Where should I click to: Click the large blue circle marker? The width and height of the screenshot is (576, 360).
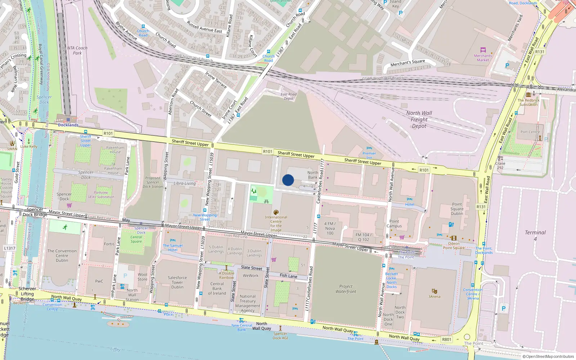point(288,180)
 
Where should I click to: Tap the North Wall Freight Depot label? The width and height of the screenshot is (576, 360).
point(419,120)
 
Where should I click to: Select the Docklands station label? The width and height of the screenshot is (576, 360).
point(68,125)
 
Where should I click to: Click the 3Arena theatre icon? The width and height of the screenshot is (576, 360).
point(434,291)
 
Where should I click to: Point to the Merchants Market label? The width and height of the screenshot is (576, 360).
point(483,58)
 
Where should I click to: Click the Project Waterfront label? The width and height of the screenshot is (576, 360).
point(346,289)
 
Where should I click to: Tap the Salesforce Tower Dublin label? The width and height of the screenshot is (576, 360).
point(177,282)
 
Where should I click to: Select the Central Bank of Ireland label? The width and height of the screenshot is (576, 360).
point(217,288)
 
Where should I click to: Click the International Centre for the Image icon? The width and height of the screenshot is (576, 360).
point(276,212)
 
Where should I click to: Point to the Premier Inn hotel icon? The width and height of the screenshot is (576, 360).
point(369,148)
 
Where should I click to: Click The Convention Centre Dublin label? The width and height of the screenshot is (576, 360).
point(62,256)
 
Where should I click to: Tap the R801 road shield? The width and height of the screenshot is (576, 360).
point(446,339)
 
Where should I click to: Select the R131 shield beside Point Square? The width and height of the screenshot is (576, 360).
point(481,207)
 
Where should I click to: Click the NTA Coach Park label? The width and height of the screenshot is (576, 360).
point(77,50)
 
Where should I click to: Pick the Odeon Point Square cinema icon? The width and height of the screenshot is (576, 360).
point(454,238)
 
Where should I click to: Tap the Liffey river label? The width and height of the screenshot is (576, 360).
point(115,349)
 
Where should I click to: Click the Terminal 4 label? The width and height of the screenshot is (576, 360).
point(535,235)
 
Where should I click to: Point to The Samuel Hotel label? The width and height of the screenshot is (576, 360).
point(173,248)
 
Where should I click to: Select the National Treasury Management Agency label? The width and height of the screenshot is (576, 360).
point(248,303)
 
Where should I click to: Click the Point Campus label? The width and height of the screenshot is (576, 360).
point(394,224)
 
